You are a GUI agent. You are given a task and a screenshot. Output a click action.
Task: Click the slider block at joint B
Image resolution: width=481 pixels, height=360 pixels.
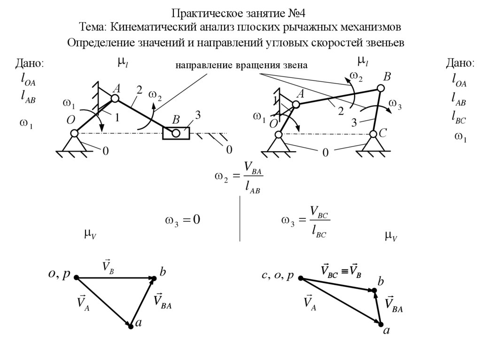point(176,133)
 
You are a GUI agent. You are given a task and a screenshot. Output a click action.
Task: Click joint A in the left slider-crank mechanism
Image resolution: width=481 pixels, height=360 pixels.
point(115,99)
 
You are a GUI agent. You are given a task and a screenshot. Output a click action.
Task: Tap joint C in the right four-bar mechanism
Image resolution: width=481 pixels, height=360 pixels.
point(373,135)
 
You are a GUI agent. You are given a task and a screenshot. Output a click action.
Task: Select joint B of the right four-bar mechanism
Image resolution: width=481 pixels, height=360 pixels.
point(380,88)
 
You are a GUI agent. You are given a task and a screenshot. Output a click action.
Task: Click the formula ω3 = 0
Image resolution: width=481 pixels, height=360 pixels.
point(182,220)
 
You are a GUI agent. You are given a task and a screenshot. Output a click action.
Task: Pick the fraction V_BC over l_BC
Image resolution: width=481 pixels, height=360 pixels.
point(319,222)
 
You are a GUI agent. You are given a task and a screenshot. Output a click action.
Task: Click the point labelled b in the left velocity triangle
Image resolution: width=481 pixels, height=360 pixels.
point(155,278)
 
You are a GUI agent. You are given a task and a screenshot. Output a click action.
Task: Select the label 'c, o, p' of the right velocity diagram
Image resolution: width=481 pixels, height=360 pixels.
point(277,276)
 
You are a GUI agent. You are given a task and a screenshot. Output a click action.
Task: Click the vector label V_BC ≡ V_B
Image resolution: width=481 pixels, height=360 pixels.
point(341,270)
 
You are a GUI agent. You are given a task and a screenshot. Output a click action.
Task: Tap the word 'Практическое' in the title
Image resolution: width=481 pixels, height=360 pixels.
point(202,12)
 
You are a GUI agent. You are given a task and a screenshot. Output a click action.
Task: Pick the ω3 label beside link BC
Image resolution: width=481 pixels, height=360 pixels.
point(396,104)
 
